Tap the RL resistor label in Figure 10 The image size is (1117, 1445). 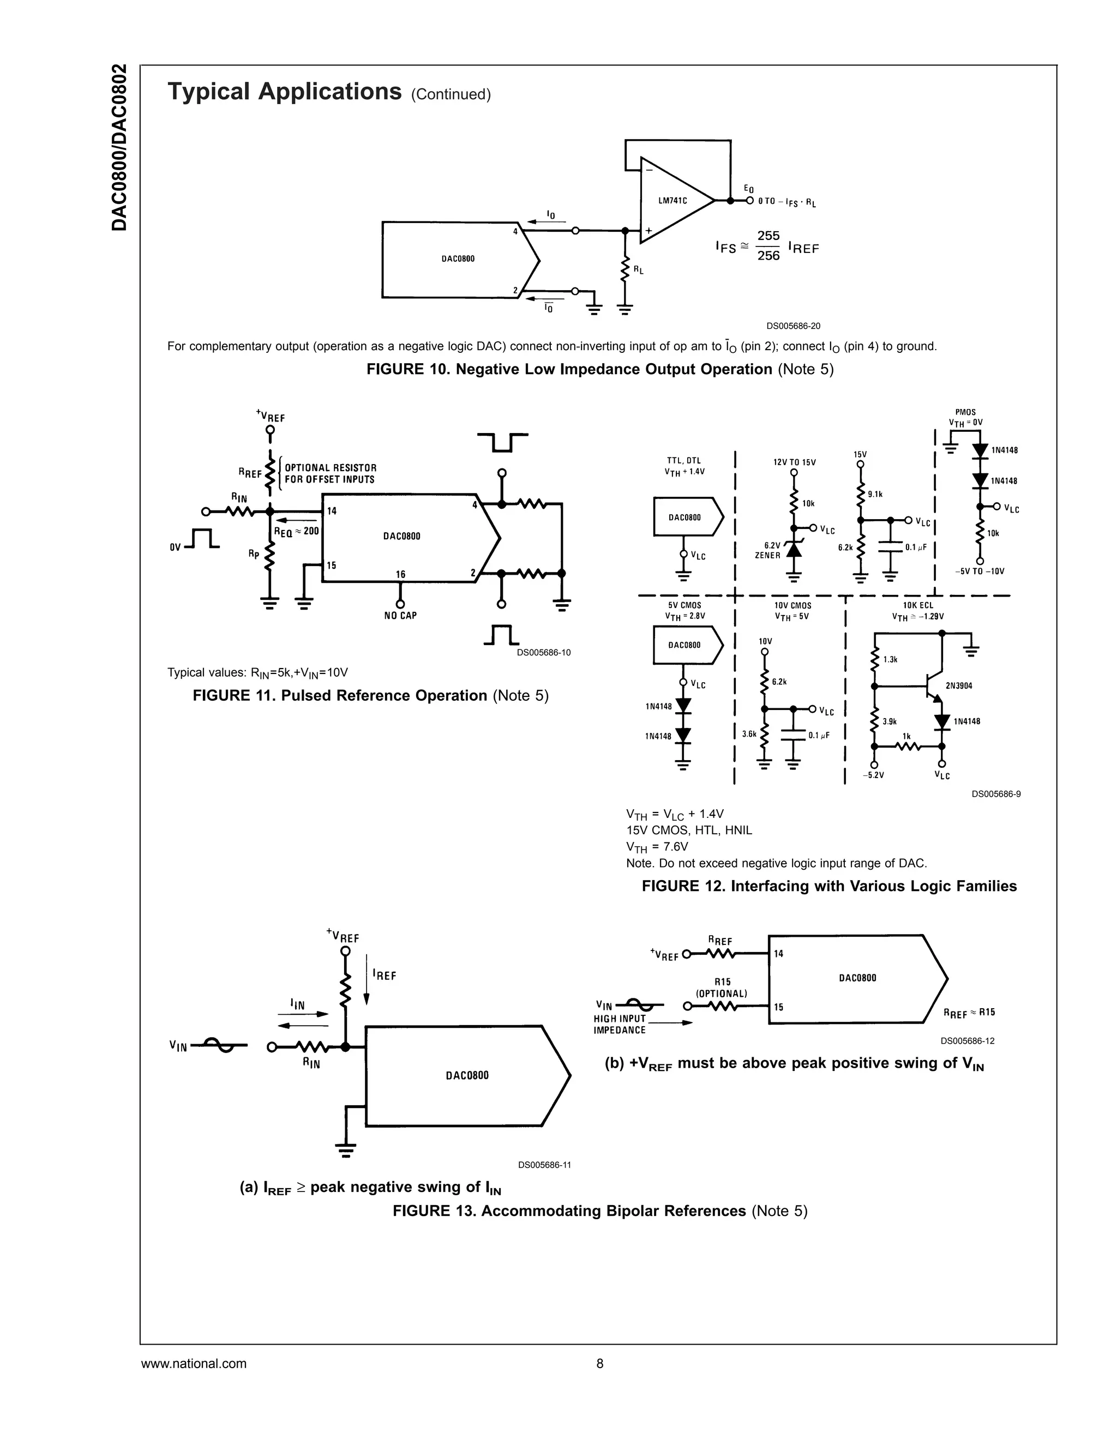coord(639,270)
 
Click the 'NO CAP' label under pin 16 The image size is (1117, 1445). coord(400,615)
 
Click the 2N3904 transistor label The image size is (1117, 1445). coord(959,685)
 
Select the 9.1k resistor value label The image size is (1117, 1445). coord(875,493)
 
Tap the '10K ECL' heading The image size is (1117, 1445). coord(918,605)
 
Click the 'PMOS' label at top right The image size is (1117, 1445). coord(965,412)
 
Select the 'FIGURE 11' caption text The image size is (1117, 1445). coord(370,695)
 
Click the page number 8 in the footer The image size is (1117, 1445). coord(600,1364)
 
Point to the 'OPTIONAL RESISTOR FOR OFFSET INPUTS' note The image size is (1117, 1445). coord(330,473)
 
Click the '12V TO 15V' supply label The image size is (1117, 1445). coord(794,462)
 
